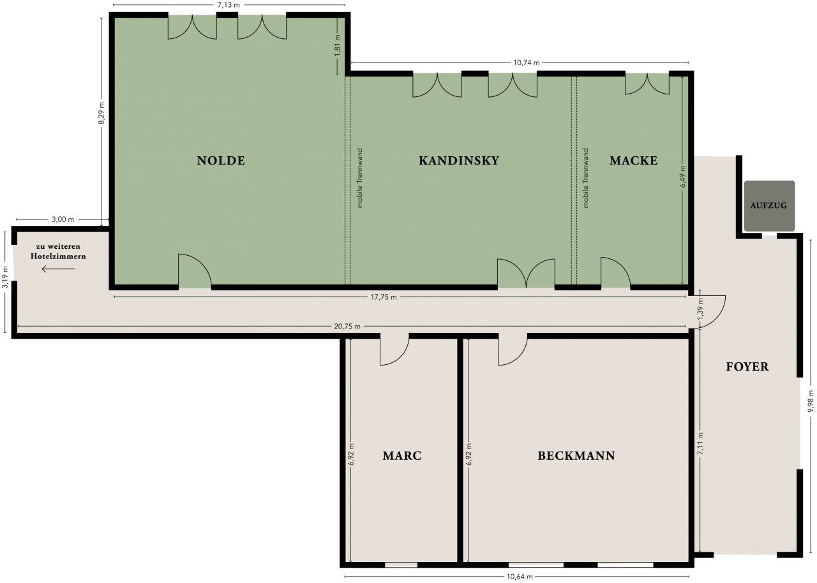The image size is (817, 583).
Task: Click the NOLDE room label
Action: click(221, 161)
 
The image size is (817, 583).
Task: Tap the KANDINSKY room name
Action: click(459, 161)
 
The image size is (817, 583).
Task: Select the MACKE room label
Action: click(634, 161)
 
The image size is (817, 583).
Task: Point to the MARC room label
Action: click(402, 456)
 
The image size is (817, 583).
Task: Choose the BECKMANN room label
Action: click(576, 456)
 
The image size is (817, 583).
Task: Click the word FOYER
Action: click(747, 367)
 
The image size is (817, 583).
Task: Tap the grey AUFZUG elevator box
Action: click(769, 206)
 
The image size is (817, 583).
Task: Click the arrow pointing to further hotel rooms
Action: click(58, 269)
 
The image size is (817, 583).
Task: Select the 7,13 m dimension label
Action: click(229, 5)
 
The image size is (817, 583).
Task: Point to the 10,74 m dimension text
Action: click(527, 63)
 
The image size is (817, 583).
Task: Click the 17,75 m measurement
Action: click(384, 297)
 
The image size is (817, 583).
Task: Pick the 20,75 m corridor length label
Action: click(347, 327)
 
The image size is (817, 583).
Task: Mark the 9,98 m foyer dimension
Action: click(811, 401)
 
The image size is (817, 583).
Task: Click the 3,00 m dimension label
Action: click(63, 219)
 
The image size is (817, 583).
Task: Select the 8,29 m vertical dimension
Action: click(101, 113)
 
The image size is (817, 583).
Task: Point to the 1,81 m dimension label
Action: click(338, 46)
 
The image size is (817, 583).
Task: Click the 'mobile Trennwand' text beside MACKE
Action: click(586, 178)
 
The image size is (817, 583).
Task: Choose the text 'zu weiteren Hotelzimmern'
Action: click(58, 251)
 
